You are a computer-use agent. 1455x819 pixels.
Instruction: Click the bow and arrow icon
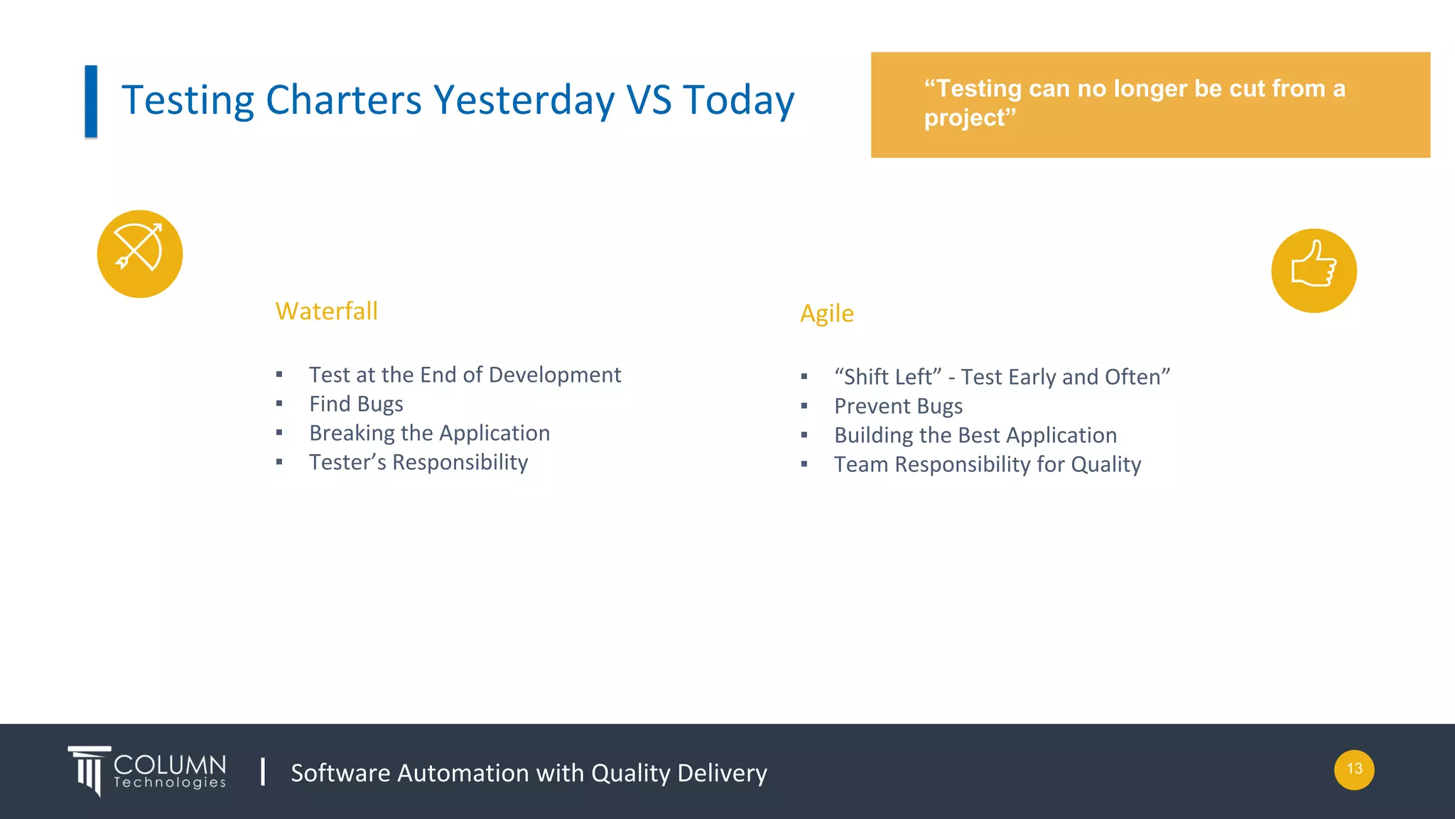[140, 253]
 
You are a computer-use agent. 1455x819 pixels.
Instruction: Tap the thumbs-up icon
[1314, 270]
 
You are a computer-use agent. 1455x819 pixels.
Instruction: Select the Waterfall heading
[326, 311]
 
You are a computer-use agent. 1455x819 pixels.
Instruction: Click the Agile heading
[826, 314]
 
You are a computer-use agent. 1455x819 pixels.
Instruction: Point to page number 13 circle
[1353, 769]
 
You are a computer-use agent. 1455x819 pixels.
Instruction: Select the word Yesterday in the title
[524, 100]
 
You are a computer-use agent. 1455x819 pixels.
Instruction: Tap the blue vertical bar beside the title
[91, 101]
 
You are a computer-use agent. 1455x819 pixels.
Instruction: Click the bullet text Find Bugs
[356, 405]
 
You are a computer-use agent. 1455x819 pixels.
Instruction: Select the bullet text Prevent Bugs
[898, 407]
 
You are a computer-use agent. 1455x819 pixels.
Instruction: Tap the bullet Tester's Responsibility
[418, 463]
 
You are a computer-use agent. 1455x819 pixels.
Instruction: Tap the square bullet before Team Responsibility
[804, 465]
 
